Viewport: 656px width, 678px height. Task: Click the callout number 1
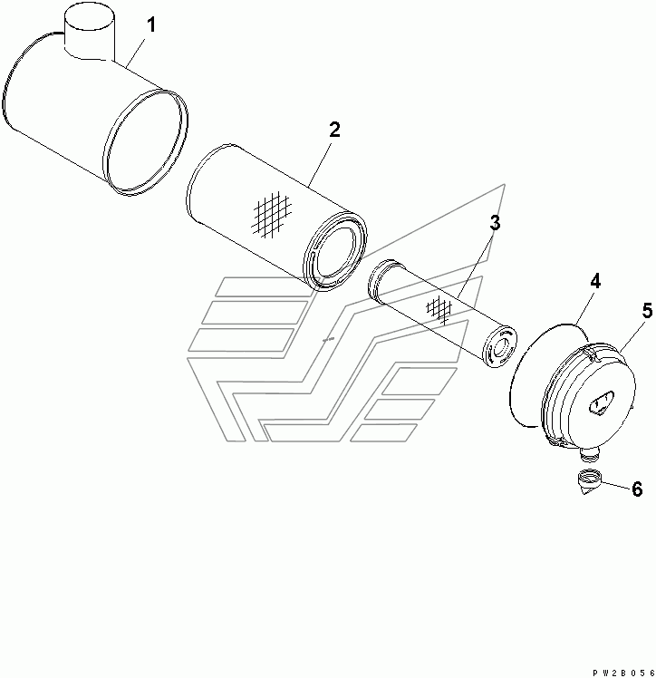point(150,24)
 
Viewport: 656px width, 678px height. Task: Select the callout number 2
point(334,130)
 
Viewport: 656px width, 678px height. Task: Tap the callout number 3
point(495,223)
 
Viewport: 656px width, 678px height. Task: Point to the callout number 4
point(595,282)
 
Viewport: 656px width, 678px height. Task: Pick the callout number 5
point(647,311)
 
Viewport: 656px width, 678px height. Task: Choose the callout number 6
point(637,489)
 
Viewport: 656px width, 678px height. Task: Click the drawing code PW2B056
point(624,673)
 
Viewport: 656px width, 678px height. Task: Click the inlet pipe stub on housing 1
point(90,34)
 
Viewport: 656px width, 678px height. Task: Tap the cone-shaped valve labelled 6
point(589,483)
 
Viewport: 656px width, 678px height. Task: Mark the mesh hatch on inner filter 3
point(439,309)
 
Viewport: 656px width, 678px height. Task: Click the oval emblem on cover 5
point(600,402)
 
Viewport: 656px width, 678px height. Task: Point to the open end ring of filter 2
point(335,252)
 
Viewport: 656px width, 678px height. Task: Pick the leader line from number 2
point(319,164)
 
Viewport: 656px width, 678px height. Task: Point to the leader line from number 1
point(136,52)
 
